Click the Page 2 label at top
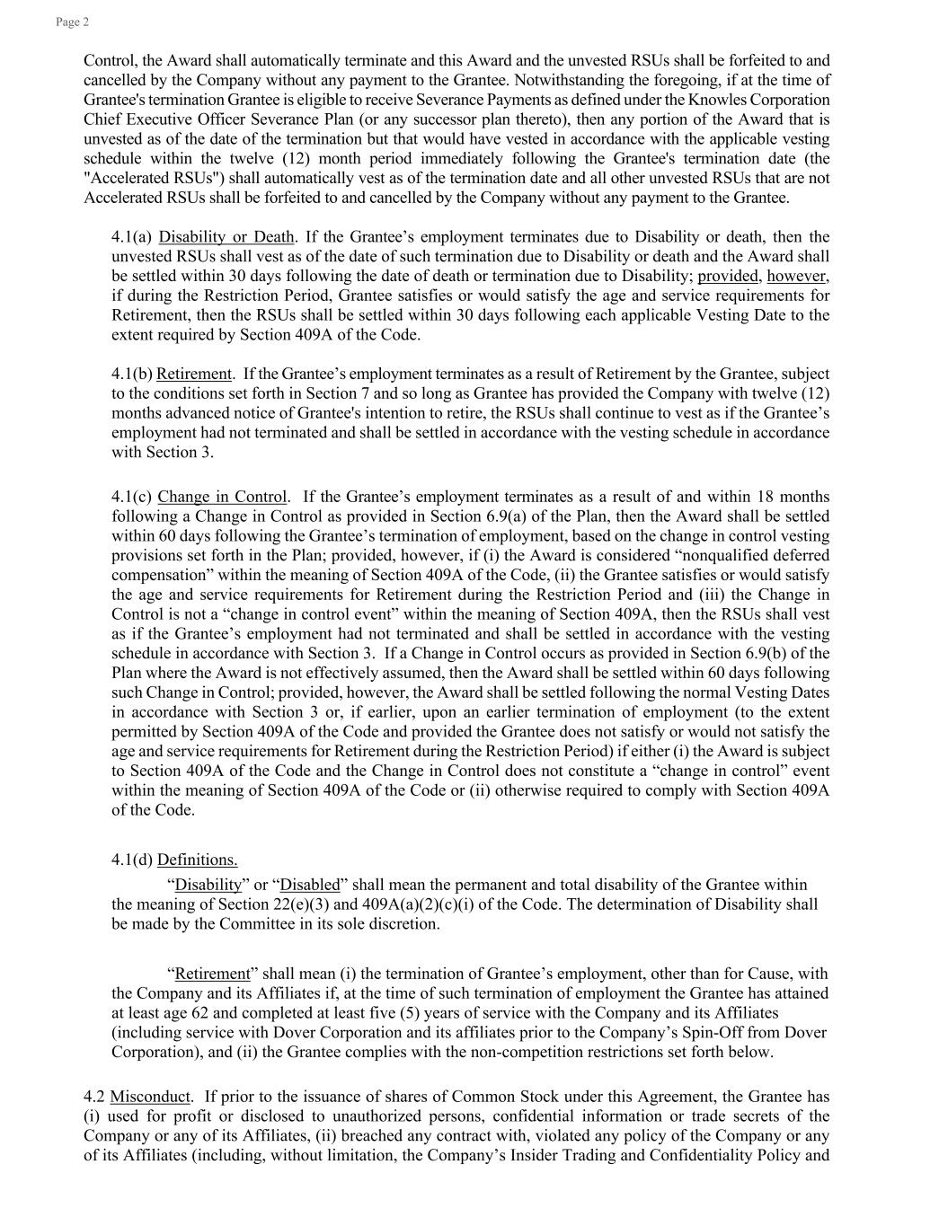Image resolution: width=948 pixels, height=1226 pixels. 72,22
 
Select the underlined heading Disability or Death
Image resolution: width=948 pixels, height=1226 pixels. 226,237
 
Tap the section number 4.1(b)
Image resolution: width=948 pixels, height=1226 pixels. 132,374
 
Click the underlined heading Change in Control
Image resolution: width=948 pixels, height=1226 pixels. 222,497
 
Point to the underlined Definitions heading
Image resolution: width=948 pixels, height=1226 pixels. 197,860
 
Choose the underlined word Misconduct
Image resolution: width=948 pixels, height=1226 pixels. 150,1097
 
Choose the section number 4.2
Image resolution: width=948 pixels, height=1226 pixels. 94,1097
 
